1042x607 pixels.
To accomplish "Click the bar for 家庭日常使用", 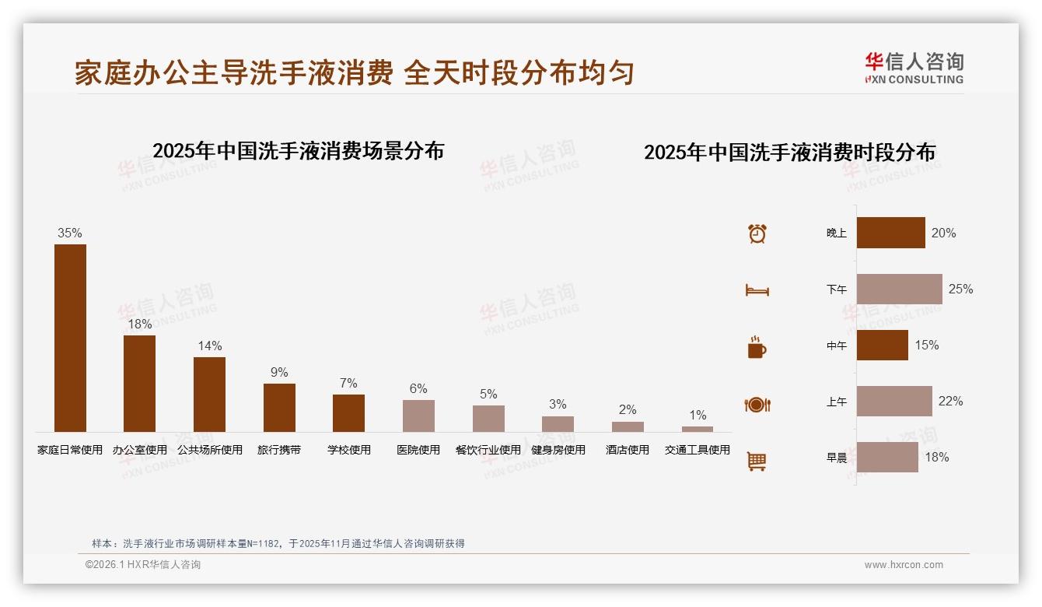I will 70,338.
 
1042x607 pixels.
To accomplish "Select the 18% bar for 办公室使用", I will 139,383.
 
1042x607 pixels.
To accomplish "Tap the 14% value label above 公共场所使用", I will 209,346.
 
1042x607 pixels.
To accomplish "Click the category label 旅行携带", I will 279,450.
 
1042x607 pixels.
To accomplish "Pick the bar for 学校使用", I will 348,412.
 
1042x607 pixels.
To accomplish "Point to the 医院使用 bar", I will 418,416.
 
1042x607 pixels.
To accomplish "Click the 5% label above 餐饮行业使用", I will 488,394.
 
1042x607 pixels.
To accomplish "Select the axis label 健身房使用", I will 558,450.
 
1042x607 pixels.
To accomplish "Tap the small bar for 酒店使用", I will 628,426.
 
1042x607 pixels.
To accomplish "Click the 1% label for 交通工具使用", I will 698,415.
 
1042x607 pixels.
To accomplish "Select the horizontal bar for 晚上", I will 891,233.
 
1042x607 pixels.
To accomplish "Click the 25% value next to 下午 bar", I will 960,289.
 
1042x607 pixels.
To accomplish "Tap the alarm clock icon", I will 757,233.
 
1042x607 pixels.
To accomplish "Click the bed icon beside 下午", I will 757,290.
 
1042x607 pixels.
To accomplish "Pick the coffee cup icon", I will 757,347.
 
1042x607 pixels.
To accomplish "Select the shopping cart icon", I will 757,461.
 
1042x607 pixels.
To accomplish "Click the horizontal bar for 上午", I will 894,401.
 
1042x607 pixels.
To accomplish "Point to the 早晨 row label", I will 837,458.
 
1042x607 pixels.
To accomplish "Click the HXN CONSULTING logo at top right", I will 914,68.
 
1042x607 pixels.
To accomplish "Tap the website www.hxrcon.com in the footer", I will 904,565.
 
